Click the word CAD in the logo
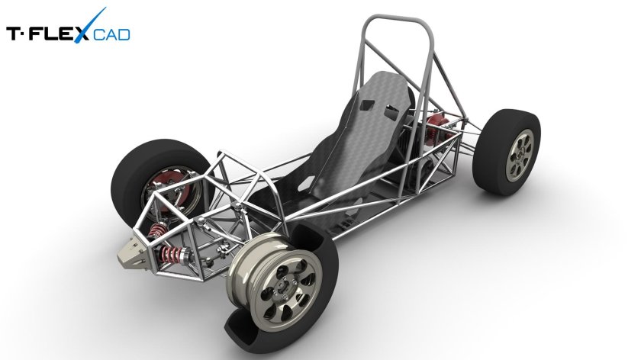(112, 34)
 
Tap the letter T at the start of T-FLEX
(13, 34)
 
